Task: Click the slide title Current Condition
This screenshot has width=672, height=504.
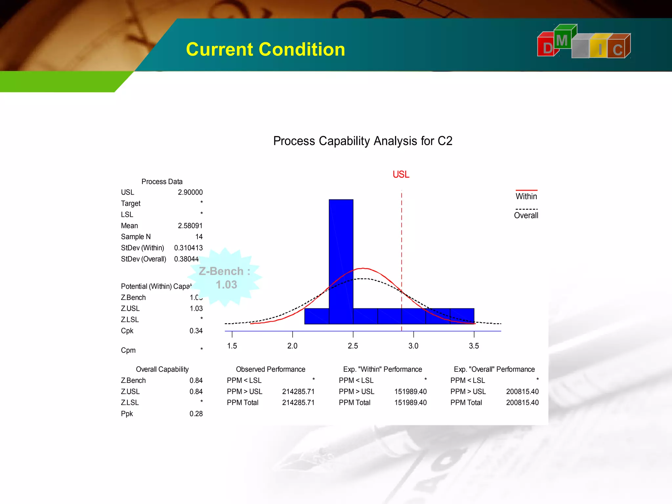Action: [265, 50]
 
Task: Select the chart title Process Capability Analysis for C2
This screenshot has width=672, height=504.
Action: [363, 141]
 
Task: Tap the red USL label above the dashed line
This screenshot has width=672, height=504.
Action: [401, 175]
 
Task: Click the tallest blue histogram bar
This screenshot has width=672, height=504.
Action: [341, 259]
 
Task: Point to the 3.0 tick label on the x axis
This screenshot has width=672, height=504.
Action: [413, 346]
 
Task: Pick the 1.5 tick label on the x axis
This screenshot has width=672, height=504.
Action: [232, 346]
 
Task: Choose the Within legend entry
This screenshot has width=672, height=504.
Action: [526, 196]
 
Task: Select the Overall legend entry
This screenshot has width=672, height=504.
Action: [526, 215]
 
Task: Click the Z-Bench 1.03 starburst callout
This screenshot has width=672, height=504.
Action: [225, 278]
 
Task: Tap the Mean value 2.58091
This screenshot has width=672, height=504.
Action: [190, 226]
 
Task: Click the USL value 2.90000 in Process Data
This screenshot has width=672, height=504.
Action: [190, 192]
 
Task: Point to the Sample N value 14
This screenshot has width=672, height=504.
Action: [199, 237]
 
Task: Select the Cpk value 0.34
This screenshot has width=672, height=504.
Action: [196, 331]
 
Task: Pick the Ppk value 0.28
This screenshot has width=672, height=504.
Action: [196, 414]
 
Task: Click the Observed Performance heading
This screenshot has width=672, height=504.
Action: [270, 369]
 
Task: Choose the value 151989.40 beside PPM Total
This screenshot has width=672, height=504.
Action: [410, 403]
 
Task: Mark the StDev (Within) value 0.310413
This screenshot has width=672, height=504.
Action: [188, 248]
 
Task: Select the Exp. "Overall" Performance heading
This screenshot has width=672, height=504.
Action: [494, 369]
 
